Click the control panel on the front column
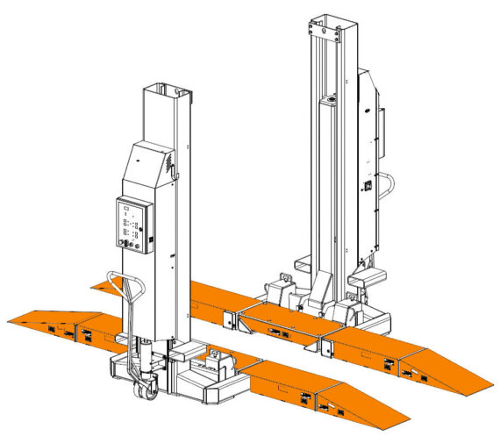click(134, 225)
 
